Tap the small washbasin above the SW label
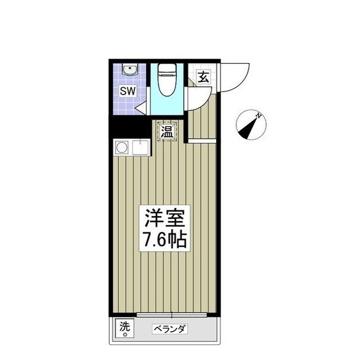point(129,71)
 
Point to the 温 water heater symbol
point(167,132)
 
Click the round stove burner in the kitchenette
point(121,149)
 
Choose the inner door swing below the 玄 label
point(197,98)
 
